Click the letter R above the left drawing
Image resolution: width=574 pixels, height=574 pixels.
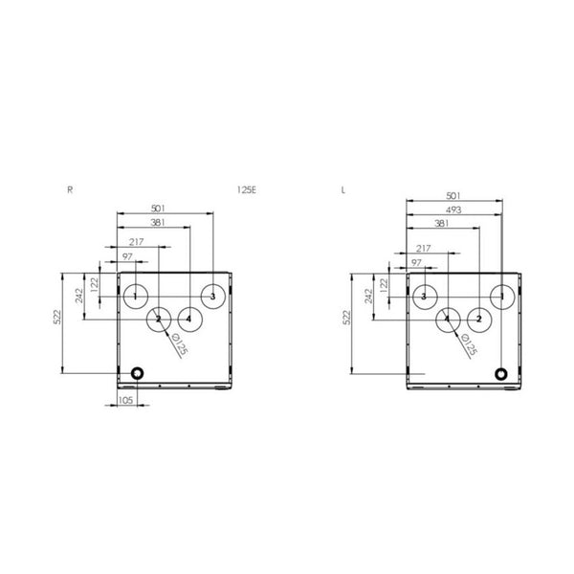coord(70,190)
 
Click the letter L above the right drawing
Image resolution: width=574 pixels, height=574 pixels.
coord(344,190)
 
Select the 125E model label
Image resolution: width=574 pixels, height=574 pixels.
coord(247,190)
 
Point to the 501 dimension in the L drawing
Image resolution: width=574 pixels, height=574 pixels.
coord(453,195)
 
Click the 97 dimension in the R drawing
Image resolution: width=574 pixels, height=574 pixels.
coord(127,259)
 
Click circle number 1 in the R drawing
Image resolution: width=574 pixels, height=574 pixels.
coord(136,296)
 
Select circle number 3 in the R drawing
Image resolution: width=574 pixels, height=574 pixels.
coord(212,296)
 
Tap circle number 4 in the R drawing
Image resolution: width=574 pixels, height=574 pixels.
coord(189,319)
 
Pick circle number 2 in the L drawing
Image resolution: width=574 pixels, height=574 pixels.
coord(477,319)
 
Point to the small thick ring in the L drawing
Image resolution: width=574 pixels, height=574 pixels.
coord(500,373)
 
